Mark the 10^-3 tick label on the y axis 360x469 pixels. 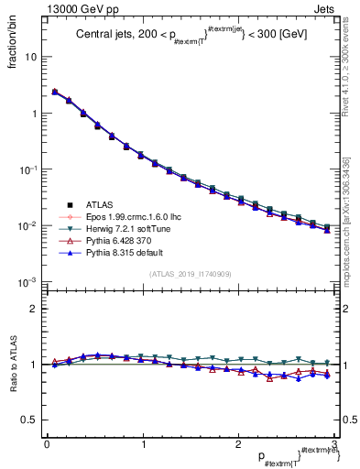pos(28,282)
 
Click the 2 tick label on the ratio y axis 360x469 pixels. pos(34,309)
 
